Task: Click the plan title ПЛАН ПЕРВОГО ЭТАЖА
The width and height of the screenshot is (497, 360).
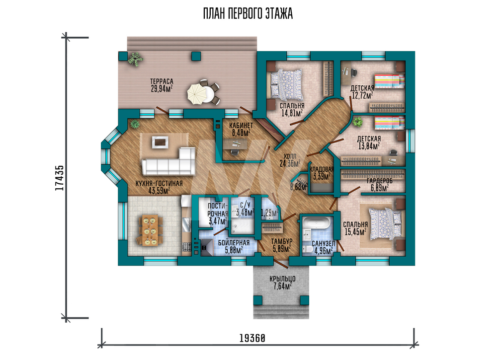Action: pos(248,14)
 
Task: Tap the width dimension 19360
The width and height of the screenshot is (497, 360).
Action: pos(252,338)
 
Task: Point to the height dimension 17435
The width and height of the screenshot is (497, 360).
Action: pos(59,178)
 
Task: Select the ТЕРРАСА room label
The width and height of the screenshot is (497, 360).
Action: pos(162,82)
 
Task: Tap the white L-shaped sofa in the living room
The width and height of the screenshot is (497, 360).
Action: pos(169,162)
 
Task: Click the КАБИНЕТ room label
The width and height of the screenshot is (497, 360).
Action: pos(241,126)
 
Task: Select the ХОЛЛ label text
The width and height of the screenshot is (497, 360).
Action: pos(290,156)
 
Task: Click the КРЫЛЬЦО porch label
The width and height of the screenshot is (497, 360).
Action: pos(282,279)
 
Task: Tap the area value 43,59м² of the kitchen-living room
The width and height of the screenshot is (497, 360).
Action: pos(159,190)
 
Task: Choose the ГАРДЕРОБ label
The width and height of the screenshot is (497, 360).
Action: pos(380,181)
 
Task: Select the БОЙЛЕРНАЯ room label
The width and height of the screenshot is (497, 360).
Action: pos(234,243)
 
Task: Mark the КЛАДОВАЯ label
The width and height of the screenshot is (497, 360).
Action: pos(322,169)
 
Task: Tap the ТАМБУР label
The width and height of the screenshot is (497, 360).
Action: pos(281,242)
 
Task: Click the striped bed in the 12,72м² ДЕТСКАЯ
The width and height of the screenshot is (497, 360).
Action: pos(390,81)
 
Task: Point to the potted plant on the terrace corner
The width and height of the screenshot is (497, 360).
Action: pos(135,59)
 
